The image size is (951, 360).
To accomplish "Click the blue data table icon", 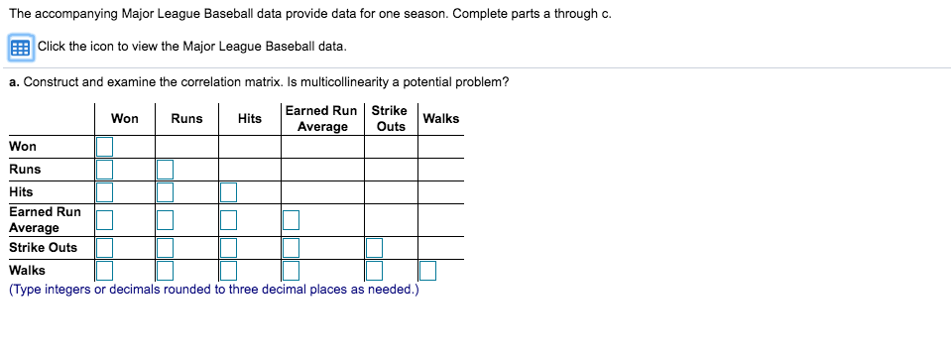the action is click(21, 48).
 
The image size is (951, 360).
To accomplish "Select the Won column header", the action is click(125, 119).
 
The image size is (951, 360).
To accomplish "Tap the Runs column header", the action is click(186, 119).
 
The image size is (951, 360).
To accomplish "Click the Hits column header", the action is click(250, 119).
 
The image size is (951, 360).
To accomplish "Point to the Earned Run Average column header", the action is click(322, 119).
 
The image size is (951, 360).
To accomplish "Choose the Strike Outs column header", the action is click(390, 119).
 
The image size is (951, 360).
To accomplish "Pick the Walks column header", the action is click(441, 119).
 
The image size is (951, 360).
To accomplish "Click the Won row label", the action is click(23, 147).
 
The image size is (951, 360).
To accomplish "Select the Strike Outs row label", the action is click(43, 248).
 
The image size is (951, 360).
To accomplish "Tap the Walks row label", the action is click(28, 271).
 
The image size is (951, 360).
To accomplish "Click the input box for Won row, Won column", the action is click(104, 147).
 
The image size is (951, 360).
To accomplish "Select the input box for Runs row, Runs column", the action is click(165, 169).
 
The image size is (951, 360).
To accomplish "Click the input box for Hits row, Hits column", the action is click(229, 192).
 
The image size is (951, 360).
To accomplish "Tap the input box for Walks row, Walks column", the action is click(427, 271).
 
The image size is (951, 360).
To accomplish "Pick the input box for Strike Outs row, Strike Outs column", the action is click(374, 248).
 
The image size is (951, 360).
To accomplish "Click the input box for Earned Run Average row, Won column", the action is click(104, 220).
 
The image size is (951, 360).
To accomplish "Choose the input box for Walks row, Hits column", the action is click(229, 271).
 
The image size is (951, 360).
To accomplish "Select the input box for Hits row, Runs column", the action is click(165, 192).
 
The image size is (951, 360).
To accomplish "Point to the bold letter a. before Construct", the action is click(15, 83).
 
